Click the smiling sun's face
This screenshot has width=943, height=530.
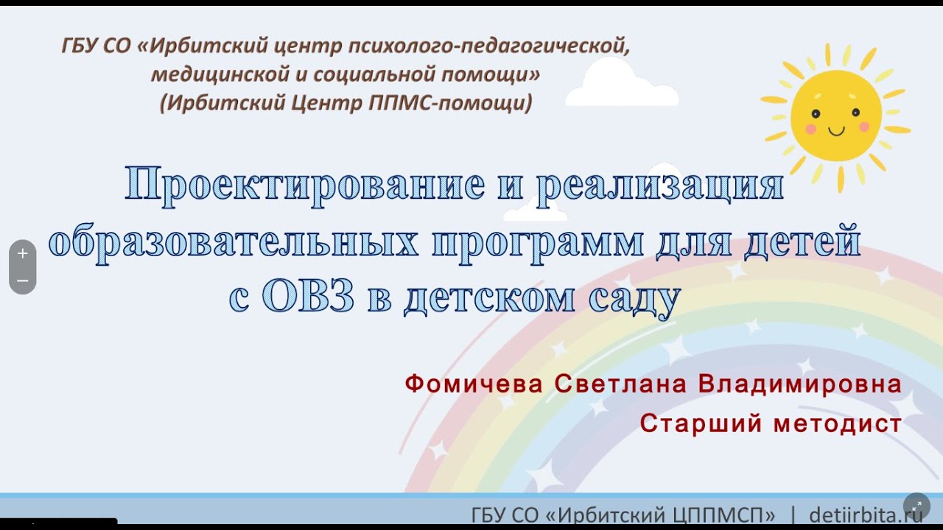pos(835,116)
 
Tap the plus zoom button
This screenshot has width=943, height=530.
pos(23,253)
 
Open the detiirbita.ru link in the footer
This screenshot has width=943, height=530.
pos(865,514)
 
